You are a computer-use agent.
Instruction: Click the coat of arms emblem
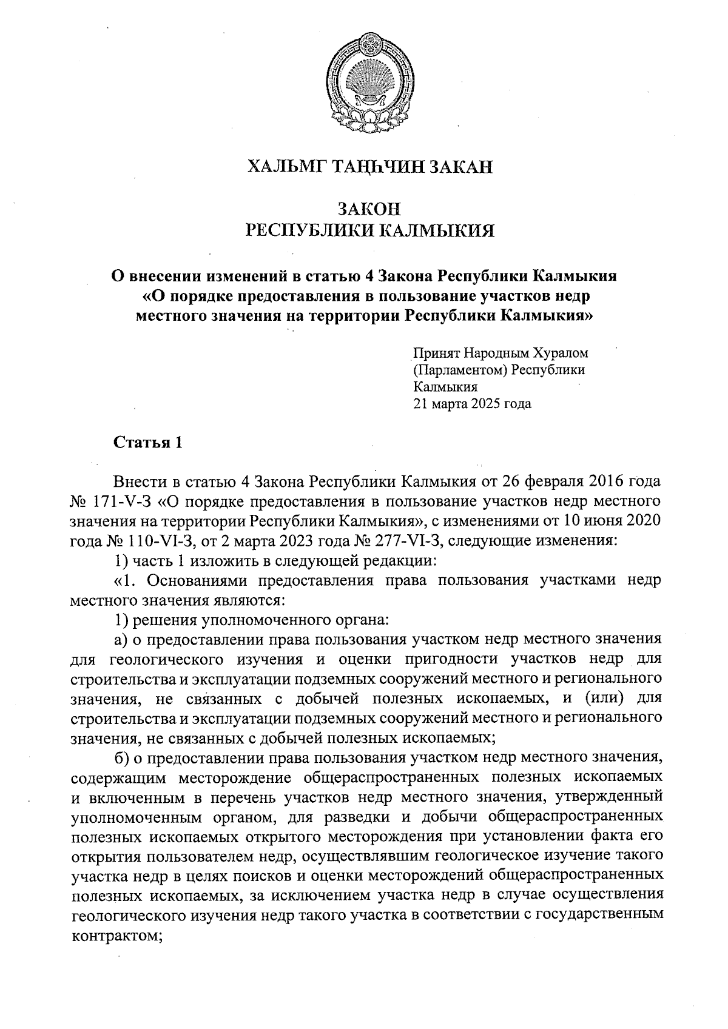(369, 77)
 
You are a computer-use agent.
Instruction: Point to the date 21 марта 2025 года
(471, 403)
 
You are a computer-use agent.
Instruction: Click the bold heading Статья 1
(148, 443)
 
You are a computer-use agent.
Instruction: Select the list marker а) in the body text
(122, 639)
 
